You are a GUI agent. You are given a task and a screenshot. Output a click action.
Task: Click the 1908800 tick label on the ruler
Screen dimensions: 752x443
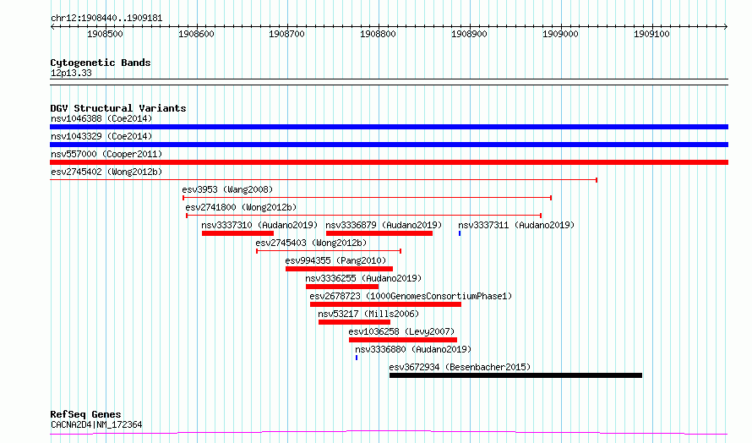[x=378, y=34]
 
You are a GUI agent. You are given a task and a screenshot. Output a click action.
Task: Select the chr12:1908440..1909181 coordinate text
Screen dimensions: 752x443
[x=106, y=19]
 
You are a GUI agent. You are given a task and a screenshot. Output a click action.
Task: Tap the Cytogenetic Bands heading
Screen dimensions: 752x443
[x=101, y=63]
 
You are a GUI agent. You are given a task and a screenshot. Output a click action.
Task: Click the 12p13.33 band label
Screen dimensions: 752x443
[x=71, y=73]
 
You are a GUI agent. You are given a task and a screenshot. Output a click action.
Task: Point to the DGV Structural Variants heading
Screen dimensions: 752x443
[x=118, y=108]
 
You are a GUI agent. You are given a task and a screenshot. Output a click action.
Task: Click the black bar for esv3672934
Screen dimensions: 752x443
[x=515, y=375]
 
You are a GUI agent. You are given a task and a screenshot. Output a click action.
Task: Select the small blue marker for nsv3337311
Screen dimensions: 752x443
[x=460, y=233]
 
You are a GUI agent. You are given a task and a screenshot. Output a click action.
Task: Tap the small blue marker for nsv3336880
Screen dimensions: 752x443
[x=357, y=358]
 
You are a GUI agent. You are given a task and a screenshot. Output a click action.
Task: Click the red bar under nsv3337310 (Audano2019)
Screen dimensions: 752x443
[x=238, y=233]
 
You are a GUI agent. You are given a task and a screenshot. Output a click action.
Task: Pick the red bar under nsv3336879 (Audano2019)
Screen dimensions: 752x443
[x=379, y=233]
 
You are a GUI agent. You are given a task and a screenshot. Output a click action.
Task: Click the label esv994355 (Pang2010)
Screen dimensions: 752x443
[x=335, y=260]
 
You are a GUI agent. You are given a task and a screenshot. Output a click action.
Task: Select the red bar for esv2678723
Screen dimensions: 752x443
[x=385, y=304]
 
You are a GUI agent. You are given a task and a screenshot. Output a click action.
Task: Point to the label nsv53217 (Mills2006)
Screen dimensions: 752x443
[x=368, y=314]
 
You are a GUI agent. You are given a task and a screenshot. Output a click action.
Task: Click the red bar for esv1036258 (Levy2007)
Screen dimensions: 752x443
[x=403, y=340]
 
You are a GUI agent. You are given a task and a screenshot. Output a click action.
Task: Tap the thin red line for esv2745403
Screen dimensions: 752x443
[x=329, y=251]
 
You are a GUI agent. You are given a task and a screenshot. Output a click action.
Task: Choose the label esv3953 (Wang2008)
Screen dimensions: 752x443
[x=227, y=189]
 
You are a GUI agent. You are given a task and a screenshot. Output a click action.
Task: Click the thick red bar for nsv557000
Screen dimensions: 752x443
[x=389, y=162]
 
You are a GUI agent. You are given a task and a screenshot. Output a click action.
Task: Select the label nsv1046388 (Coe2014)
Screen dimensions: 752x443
[x=101, y=118]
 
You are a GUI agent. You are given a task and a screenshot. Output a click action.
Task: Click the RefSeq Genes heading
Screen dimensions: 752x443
[x=85, y=414]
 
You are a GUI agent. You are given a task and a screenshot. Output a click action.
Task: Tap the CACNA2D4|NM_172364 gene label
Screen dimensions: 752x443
[x=96, y=424]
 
